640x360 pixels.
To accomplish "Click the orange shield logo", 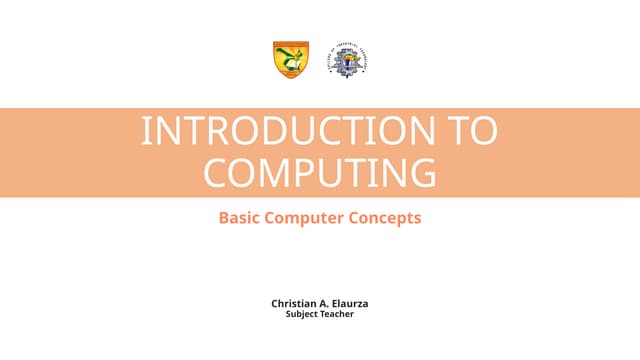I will click(291, 60).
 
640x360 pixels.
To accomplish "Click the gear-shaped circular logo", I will click(350, 60).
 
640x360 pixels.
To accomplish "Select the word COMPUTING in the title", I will click(320, 172).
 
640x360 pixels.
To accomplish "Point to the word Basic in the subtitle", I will click(240, 217).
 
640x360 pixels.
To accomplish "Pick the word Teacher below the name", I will click(338, 314).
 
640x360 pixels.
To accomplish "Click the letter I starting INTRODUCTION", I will click(146, 133).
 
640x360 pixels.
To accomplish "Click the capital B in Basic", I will click(224, 217).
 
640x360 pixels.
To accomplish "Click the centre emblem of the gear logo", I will click(350, 61).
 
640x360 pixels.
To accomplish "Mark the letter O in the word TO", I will click(482, 133).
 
